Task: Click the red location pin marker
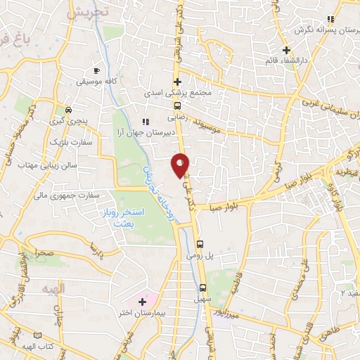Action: click(x=180, y=165)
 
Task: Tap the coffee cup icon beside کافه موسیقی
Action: click(x=97, y=71)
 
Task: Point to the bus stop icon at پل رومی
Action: click(x=200, y=244)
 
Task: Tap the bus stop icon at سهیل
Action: click(x=203, y=288)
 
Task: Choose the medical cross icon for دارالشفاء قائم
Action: click(x=285, y=49)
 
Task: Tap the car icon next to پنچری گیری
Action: click(x=68, y=110)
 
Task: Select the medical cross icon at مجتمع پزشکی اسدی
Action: click(x=177, y=82)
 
